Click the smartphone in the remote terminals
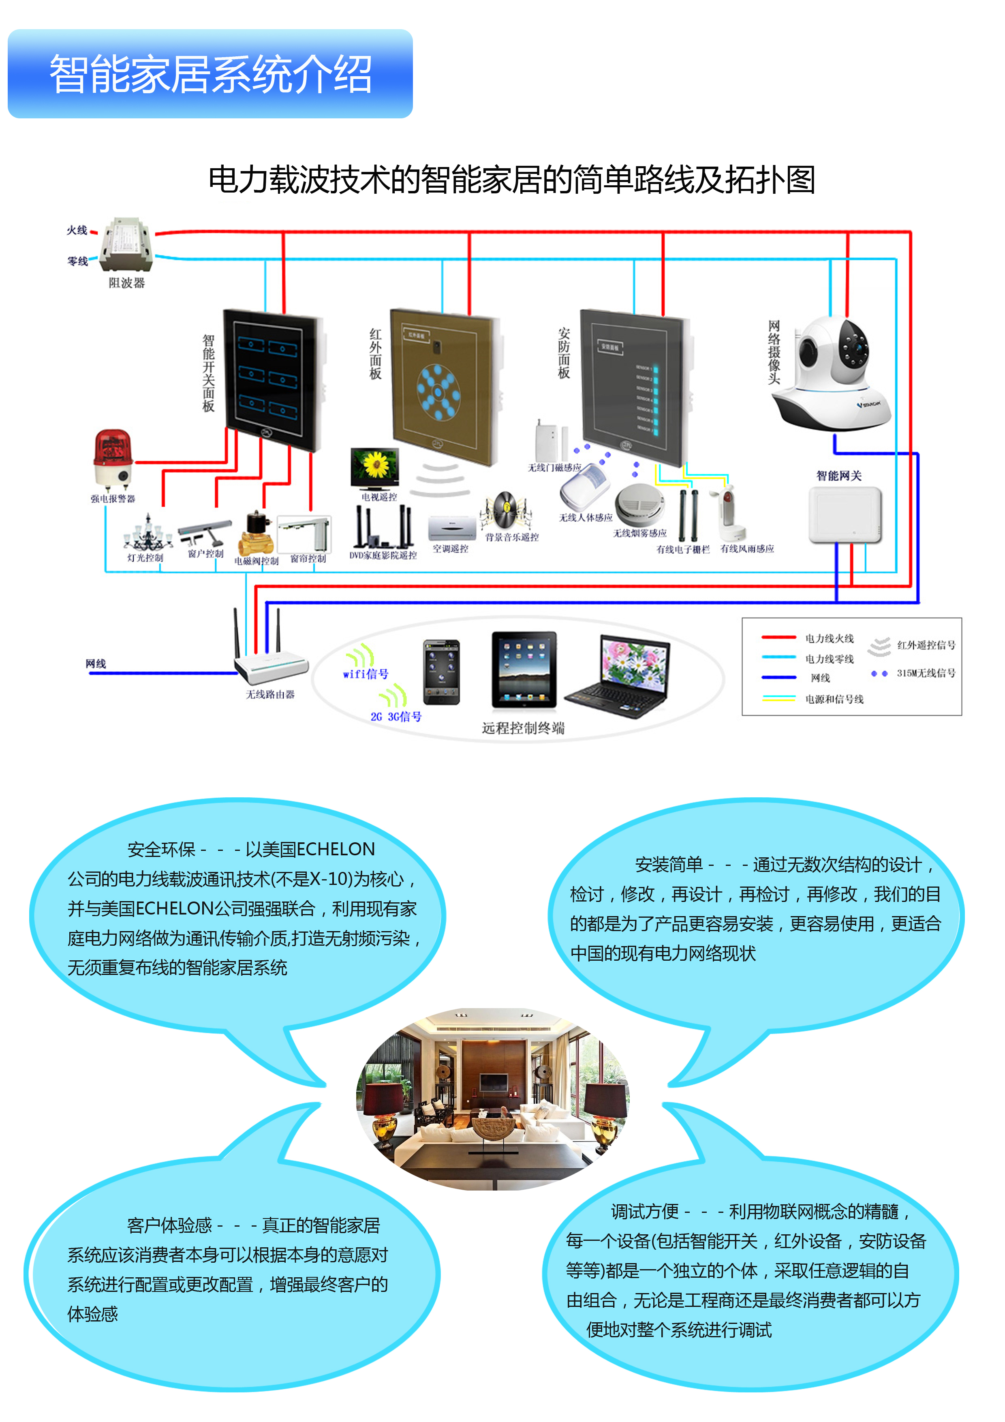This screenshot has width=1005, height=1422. point(441,672)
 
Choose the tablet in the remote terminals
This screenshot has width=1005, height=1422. point(524,670)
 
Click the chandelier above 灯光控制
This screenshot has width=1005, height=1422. point(148,534)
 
